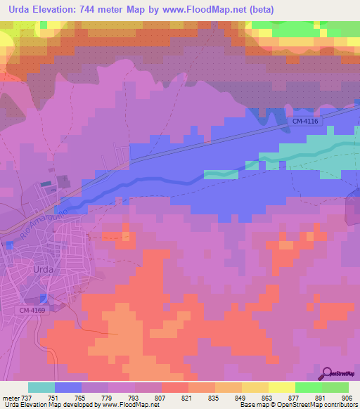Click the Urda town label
(x=44, y=268)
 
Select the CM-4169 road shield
(x=33, y=310)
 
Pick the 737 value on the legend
(x=28, y=397)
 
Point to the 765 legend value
(x=82, y=397)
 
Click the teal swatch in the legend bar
(x=41, y=387)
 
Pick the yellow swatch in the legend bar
(x=282, y=387)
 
